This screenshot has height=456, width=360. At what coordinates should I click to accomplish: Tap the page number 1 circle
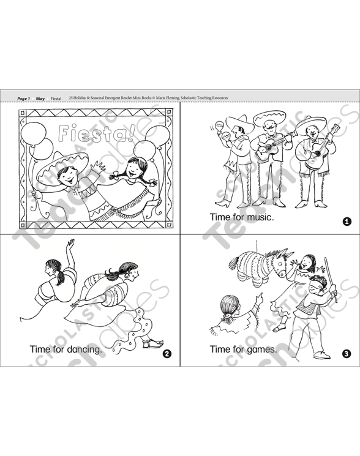pos(347,222)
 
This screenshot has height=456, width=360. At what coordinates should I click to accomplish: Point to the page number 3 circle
pos(347,353)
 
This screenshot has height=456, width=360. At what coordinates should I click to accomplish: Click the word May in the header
pos(40,98)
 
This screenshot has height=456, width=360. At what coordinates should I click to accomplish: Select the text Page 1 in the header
pos(23,98)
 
